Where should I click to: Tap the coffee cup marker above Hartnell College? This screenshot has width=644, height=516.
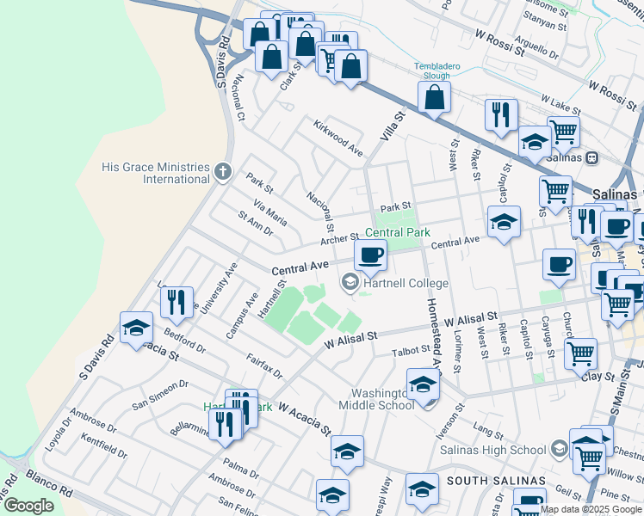[x=370, y=255]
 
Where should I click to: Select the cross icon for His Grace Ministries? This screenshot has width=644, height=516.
[x=223, y=171]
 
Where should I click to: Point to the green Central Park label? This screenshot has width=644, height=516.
[x=397, y=232]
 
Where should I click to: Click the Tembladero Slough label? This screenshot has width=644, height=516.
[x=431, y=71]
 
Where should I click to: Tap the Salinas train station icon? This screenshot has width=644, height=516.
[x=592, y=158]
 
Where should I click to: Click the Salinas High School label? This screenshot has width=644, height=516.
[x=492, y=449]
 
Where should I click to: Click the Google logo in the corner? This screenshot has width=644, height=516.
[x=29, y=505]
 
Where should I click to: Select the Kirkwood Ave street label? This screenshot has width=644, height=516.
[x=338, y=137]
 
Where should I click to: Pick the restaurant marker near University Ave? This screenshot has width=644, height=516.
[x=176, y=302]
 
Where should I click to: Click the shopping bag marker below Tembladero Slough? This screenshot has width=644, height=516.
[x=436, y=99]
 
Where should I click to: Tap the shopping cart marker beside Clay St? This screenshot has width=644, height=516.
[x=581, y=353]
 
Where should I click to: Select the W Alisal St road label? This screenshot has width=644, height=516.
[x=351, y=336]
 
